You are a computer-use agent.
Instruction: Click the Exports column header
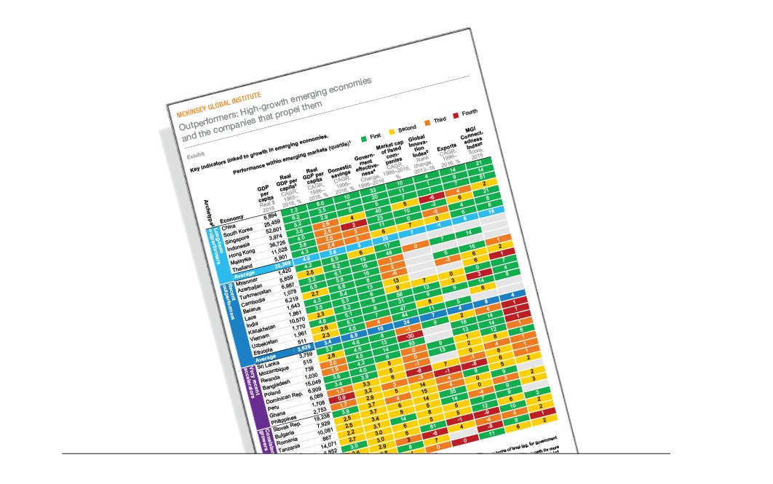point(447,151)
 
